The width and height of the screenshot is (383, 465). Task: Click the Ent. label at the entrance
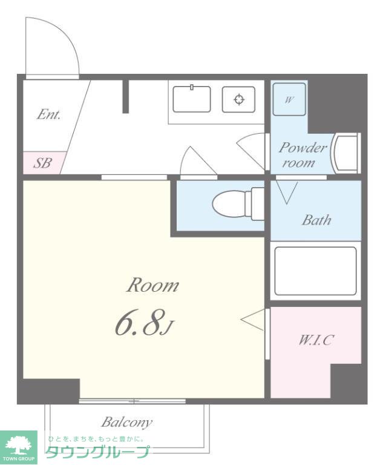(x=48, y=114)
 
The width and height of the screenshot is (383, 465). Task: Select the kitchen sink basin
(x=191, y=99)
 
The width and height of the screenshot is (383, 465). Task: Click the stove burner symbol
(x=239, y=99)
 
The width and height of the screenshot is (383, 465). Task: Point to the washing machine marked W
(x=289, y=99)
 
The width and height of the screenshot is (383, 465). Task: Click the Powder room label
(x=303, y=155)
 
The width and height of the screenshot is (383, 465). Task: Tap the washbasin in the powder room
(x=346, y=153)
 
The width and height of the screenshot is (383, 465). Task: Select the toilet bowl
(x=238, y=203)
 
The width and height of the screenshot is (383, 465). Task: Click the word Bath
(x=316, y=220)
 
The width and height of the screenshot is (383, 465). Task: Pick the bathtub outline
(x=315, y=271)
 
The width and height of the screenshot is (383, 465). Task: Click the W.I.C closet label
(x=316, y=340)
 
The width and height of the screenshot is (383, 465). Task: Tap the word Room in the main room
(x=153, y=285)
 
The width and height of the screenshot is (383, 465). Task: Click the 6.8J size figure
(x=143, y=322)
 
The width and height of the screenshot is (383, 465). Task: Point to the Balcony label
(x=127, y=422)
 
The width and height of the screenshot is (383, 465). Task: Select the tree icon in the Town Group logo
(x=19, y=444)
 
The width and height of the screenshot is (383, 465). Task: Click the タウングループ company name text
(x=97, y=452)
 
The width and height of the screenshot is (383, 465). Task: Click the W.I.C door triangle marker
(x=252, y=320)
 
